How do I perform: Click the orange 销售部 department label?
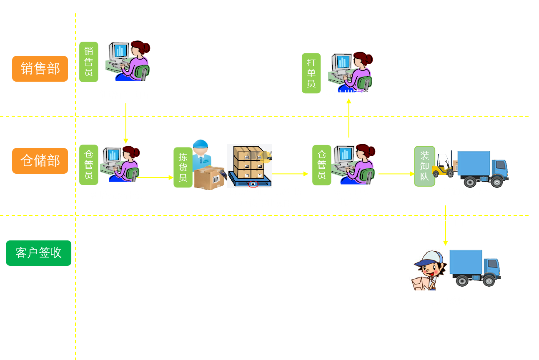click(40, 69)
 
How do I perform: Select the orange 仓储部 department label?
click(40, 161)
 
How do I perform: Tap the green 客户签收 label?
click(38, 253)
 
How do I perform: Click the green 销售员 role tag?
click(89, 62)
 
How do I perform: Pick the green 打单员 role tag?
click(311, 73)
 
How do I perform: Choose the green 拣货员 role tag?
click(183, 167)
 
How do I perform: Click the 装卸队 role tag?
click(424, 166)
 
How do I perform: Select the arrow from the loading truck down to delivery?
click(445, 225)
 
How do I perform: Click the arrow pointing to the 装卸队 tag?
click(396, 174)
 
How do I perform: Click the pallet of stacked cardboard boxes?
click(250, 166)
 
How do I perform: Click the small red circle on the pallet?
click(253, 184)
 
